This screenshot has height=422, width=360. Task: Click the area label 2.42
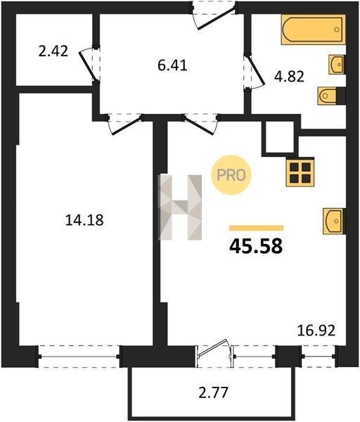point(53,51)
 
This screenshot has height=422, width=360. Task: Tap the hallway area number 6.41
point(172,65)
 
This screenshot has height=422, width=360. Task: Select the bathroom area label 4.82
point(289,77)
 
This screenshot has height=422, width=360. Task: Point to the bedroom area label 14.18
point(84,220)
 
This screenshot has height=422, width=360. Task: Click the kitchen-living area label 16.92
point(316,331)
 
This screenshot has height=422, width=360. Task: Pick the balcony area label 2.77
point(213,392)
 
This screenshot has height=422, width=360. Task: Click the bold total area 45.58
point(256,247)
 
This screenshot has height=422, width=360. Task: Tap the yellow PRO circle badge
point(231,175)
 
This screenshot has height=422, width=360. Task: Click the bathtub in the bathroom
point(314,30)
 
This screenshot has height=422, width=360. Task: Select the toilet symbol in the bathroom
point(328,96)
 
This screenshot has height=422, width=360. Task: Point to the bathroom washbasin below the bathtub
point(337,65)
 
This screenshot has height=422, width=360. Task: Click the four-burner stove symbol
point(300,172)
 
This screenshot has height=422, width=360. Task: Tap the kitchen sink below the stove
point(334,222)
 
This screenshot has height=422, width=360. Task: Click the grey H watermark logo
point(180,207)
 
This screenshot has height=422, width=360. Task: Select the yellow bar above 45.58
point(256,228)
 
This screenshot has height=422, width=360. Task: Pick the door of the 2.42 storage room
point(88,65)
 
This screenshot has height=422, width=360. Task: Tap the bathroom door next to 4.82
point(255,72)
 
